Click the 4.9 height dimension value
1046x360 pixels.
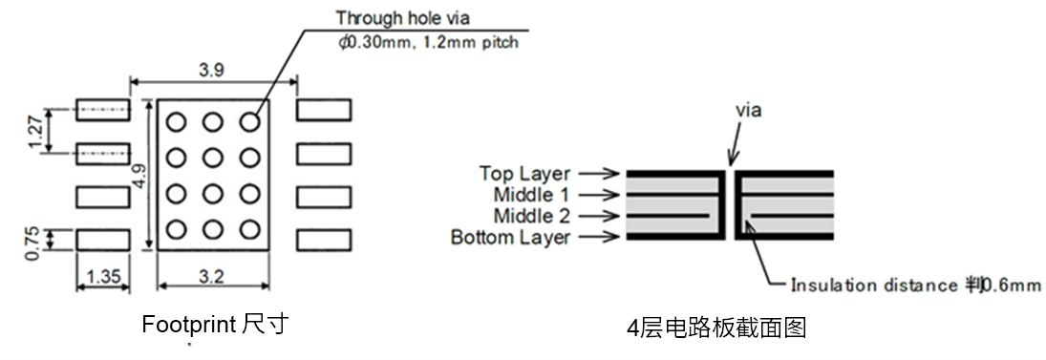click(140, 176)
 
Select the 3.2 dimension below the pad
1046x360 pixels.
click(213, 278)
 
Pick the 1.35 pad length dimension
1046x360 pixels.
click(102, 278)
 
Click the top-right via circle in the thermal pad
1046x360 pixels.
click(250, 121)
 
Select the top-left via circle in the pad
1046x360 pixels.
click(176, 121)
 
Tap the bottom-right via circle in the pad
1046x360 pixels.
click(250, 229)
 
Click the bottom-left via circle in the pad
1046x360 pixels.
click(176, 229)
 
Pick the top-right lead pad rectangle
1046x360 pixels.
click(325, 110)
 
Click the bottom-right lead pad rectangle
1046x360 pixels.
click(325, 240)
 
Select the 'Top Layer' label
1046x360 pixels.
click(524, 174)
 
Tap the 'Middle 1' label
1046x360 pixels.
click(529, 195)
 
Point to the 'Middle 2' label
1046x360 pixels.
click(529, 216)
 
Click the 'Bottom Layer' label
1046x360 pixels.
click(510, 237)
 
